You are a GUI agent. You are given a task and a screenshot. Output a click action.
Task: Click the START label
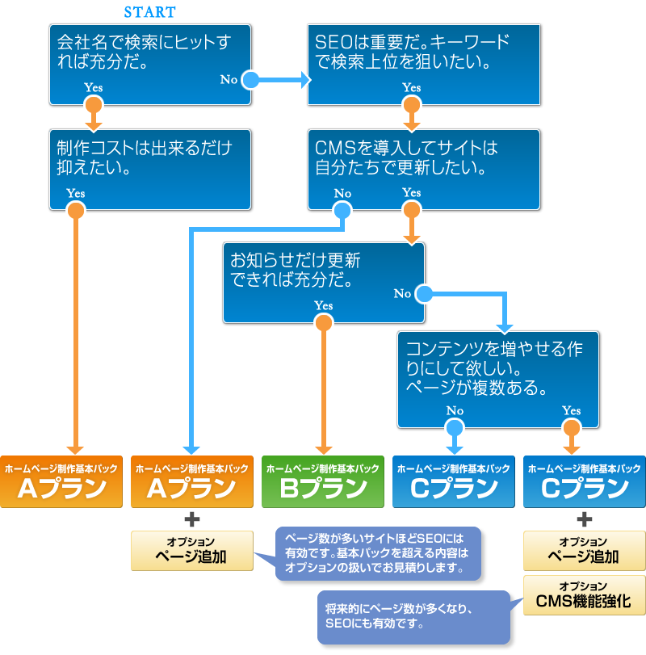[x=149, y=13]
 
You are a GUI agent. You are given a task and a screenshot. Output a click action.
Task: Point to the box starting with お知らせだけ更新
[x=323, y=280]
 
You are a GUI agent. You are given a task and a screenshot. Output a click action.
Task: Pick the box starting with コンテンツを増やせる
[x=497, y=378]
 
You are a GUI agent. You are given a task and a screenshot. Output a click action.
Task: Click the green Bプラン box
[x=322, y=481]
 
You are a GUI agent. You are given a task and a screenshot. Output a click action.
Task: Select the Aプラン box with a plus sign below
[x=191, y=481]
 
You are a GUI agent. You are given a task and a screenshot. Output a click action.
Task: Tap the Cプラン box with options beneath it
[x=584, y=481]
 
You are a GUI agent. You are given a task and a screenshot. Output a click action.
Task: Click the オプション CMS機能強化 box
[x=584, y=594]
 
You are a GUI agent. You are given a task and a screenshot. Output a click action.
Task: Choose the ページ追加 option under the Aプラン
[x=191, y=550]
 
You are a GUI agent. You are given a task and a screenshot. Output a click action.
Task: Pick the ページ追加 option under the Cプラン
[x=584, y=550]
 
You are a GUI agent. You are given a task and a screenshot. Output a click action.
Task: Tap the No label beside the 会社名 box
[x=229, y=79]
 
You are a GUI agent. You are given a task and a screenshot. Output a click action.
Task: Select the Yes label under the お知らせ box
[x=323, y=305]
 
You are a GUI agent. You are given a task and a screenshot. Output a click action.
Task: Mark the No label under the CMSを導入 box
[x=342, y=194]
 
